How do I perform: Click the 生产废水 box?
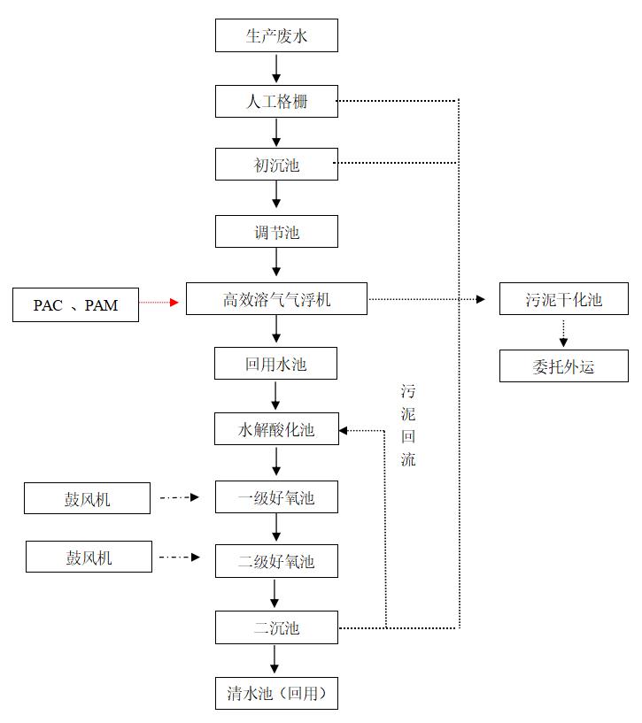click(x=276, y=36)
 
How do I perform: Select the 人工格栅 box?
click(x=276, y=101)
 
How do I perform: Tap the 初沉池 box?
click(x=276, y=165)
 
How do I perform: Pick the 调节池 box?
click(x=276, y=232)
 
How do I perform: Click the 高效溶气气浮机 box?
click(x=276, y=299)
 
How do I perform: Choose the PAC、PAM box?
click(x=75, y=305)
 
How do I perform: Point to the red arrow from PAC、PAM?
click(x=162, y=303)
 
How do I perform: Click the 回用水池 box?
click(x=276, y=364)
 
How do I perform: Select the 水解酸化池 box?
click(x=276, y=429)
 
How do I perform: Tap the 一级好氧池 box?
click(x=276, y=497)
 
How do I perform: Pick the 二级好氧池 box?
click(x=276, y=561)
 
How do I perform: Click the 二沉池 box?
click(x=276, y=627)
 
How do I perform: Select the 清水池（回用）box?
click(x=276, y=693)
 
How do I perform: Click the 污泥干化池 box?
click(x=563, y=299)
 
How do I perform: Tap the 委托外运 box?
click(x=563, y=365)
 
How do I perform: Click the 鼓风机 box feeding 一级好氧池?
click(x=87, y=499)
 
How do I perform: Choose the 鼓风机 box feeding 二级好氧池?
click(x=89, y=558)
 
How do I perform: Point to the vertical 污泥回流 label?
click(x=407, y=425)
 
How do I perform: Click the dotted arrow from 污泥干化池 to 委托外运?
click(x=563, y=332)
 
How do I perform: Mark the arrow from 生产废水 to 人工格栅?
click(x=276, y=68)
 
